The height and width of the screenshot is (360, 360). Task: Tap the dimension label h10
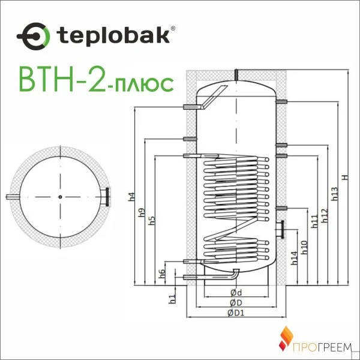(304, 247)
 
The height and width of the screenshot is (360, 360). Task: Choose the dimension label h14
(294, 257)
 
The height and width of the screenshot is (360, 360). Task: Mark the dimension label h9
(141, 213)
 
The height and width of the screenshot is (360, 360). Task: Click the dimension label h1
(172, 296)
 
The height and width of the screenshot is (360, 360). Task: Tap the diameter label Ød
(236, 293)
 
